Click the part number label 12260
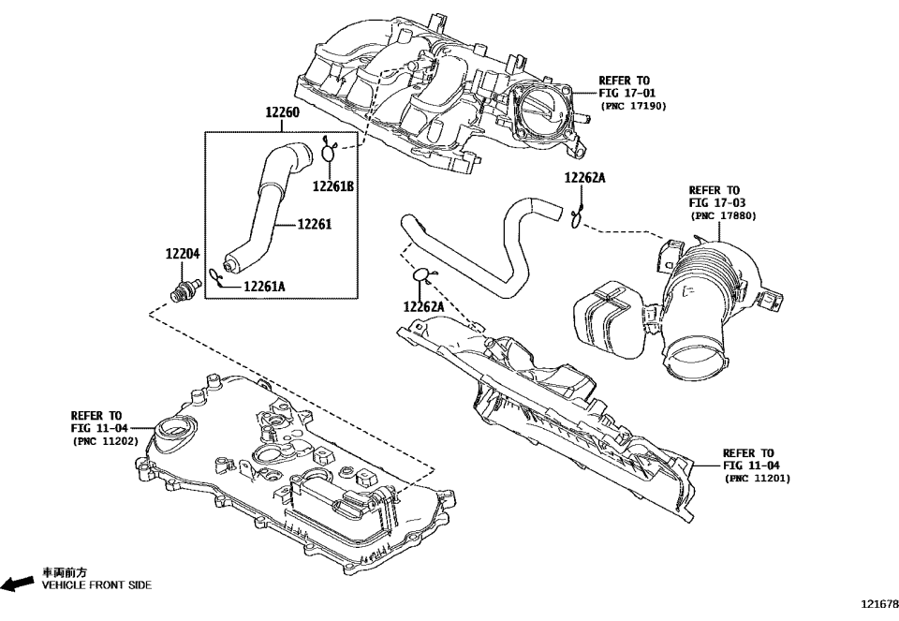(x=282, y=113)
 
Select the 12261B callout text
(x=333, y=186)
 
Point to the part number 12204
(x=183, y=254)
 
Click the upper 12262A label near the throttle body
(x=585, y=178)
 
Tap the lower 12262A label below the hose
(x=424, y=306)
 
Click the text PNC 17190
(x=633, y=107)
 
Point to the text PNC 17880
(x=723, y=215)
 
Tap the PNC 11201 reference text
(x=758, y=478)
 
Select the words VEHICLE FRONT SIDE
(x=96, y=584)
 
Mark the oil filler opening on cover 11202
(x=174, y=430)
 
